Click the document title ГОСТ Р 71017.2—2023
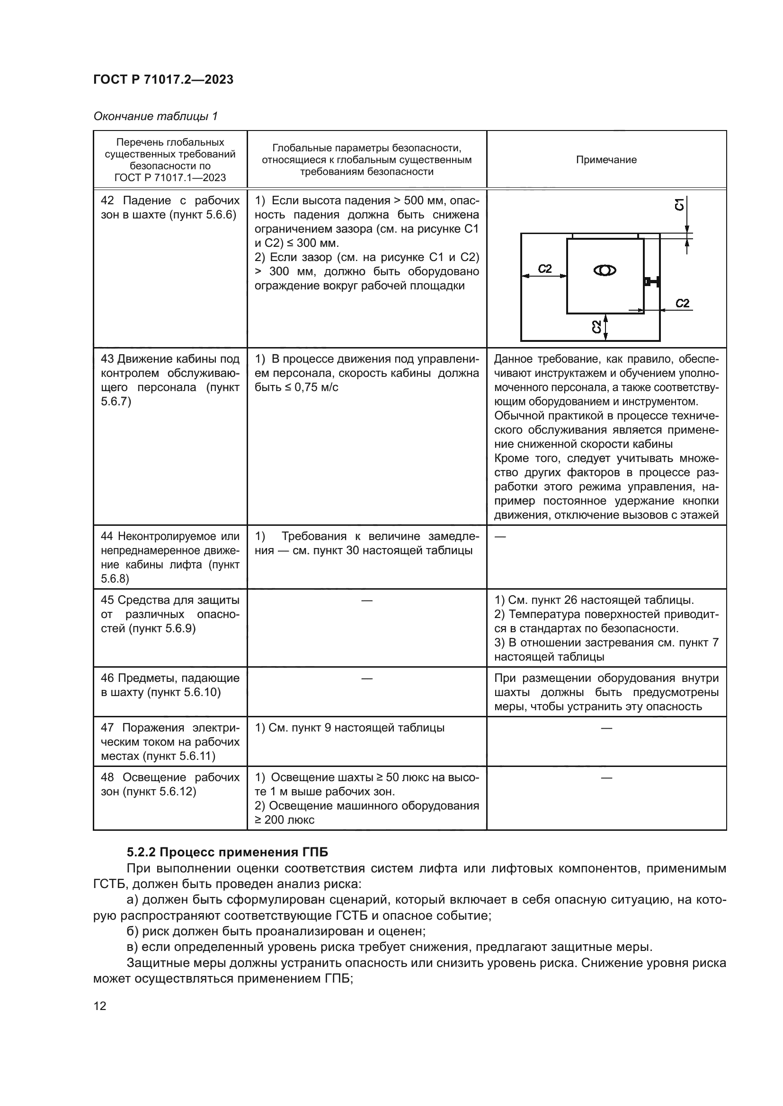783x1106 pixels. tap(163, 79)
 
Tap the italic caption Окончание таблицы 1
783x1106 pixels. tap(155, 116)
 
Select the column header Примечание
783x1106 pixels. tap(606, 160)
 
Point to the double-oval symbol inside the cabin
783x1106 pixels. tap(605, 271)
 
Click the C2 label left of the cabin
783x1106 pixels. tap(545, 269)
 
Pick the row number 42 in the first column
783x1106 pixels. tap(107, 200)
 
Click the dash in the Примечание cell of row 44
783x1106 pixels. tap(500, 536)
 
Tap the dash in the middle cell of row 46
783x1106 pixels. tap(366, 678)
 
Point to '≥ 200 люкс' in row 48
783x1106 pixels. tap(285, 820)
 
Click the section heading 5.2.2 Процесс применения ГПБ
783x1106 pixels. tap(227, 853)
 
